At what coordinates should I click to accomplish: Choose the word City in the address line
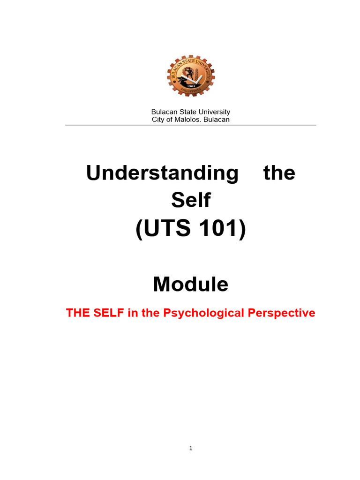pyautogui.click(x=158, y=120)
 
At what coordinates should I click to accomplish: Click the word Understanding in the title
pyautogui.click(x=162, y=173)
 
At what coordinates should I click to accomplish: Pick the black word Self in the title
pyautogui.click(x=190, y=201)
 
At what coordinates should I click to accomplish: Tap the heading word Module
pyautogui.click(x=190, y=284)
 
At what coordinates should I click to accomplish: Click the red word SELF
pyautogui.click(x=109, y=313)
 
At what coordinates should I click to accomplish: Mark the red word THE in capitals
pyautogui.click(x=78, y=313)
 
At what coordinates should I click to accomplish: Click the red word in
pyautogui.click(x=132, y=313)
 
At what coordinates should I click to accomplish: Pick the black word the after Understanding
pyautogui.click(x=279, y=173)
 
